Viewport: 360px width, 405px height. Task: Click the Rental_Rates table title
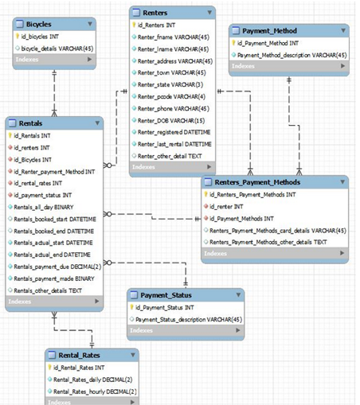tap(80, 354)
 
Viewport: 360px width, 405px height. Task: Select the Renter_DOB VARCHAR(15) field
tap(169, 119)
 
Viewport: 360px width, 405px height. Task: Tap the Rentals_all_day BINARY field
tap(49, 206)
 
